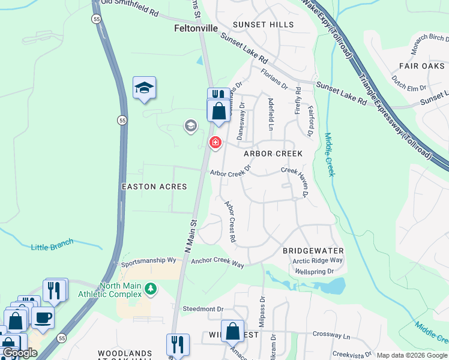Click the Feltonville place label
click(196, 28)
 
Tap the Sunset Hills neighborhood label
click(264, 25)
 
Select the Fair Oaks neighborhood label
click(421, 65)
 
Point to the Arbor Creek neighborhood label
click(273, 154)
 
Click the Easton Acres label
click(154, 187)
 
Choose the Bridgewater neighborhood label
click(313, 250)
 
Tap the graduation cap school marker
click(144, 88)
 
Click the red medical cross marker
click(215, 143)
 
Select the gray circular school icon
click(190, 125)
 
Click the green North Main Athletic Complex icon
click(151, 290)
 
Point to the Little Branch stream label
click(52, 245)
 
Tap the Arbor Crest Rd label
click(230, 221)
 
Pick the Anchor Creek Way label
click(217, 263)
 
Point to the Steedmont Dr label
click(203, 309)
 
